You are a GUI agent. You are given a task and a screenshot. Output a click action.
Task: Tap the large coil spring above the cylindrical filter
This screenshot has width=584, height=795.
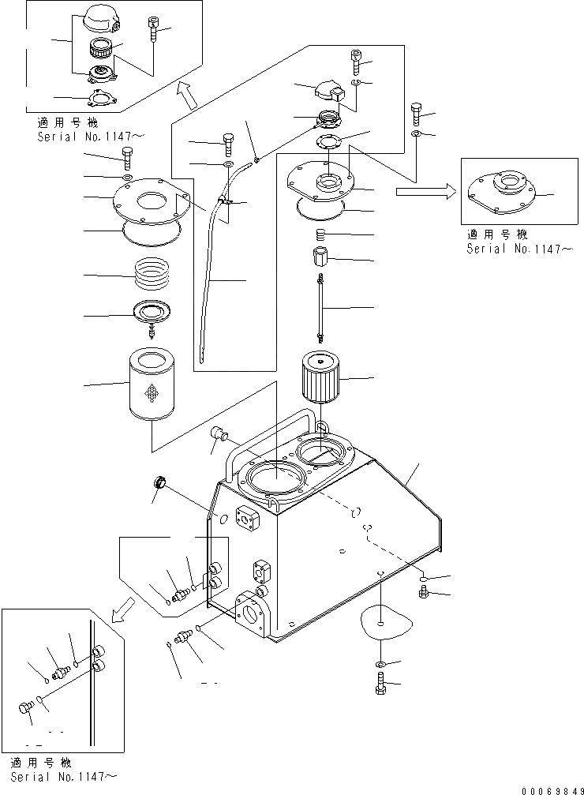point(152,276)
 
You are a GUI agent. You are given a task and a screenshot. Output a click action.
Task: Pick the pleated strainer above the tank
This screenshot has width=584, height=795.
point(322,378)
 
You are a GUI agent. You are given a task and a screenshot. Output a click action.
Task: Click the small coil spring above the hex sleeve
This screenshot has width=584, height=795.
point(320,234)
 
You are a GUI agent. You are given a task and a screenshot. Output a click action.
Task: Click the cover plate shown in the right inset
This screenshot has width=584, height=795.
point(501,193)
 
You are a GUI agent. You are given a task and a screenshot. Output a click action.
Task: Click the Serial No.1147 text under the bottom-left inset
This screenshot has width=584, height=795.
point(63,778)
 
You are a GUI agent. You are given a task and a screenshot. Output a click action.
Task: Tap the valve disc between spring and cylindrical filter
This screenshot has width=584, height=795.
point(151,314)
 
